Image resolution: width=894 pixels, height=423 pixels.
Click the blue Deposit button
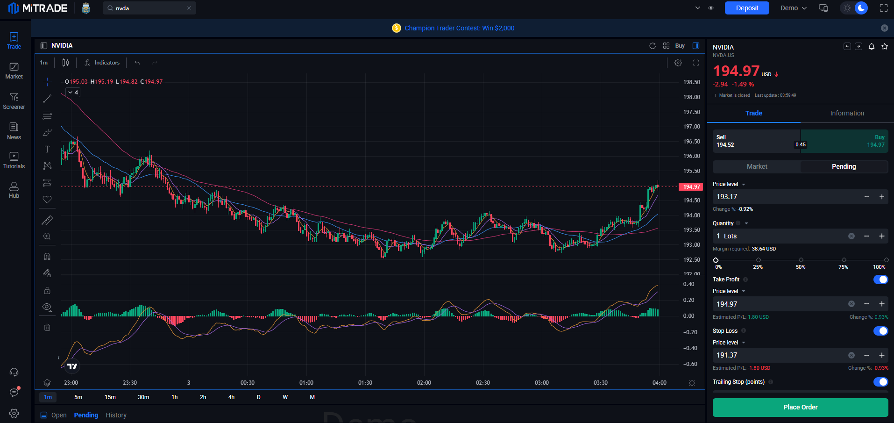(x=747, y=8)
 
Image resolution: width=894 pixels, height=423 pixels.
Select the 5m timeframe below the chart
(x=78, y=397)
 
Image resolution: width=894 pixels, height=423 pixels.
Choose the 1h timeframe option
(x=175, y=397)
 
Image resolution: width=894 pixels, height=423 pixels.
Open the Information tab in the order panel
(x=847, y=113)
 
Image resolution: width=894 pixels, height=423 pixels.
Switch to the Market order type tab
(x=757, y=166)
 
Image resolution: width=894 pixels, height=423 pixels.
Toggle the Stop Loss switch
(x=880, y=331)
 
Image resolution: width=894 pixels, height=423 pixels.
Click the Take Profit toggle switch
(x=880, y=280)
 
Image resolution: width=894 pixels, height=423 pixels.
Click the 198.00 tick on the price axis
(x=691, y=97)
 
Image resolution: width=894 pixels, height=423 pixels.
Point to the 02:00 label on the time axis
(x=424, y=383)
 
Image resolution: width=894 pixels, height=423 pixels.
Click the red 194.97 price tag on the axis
(x=691, y=187)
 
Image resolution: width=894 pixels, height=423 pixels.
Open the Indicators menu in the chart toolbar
(x=102, y=63)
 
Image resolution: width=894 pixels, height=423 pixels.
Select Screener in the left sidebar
(x=14, y=101)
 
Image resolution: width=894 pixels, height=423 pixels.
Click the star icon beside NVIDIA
(x=885, y=46)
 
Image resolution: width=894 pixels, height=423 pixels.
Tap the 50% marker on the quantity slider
(x=801, y=260)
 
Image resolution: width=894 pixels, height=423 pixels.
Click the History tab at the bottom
(x=116, y=415)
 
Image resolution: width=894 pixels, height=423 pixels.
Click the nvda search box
(x=149, y=8)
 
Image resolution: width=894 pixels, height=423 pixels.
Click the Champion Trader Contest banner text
(x=460, y=28)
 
